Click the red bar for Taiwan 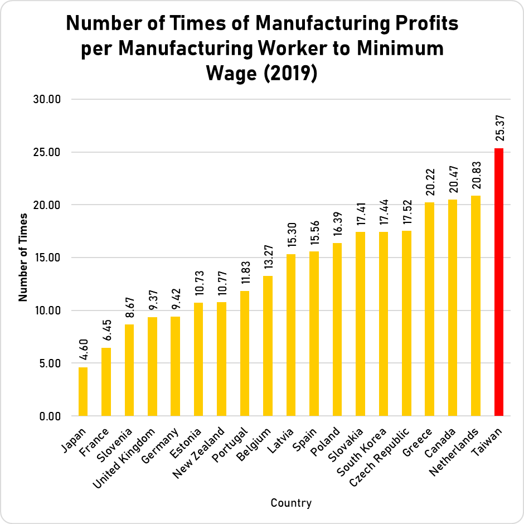[x=499, y=282]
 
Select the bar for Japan [x=83, y=391]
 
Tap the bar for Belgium [x=268, y=346]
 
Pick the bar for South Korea [x=383, y=323]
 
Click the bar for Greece [x=429, y=309]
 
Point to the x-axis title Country [x=291, y=503]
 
